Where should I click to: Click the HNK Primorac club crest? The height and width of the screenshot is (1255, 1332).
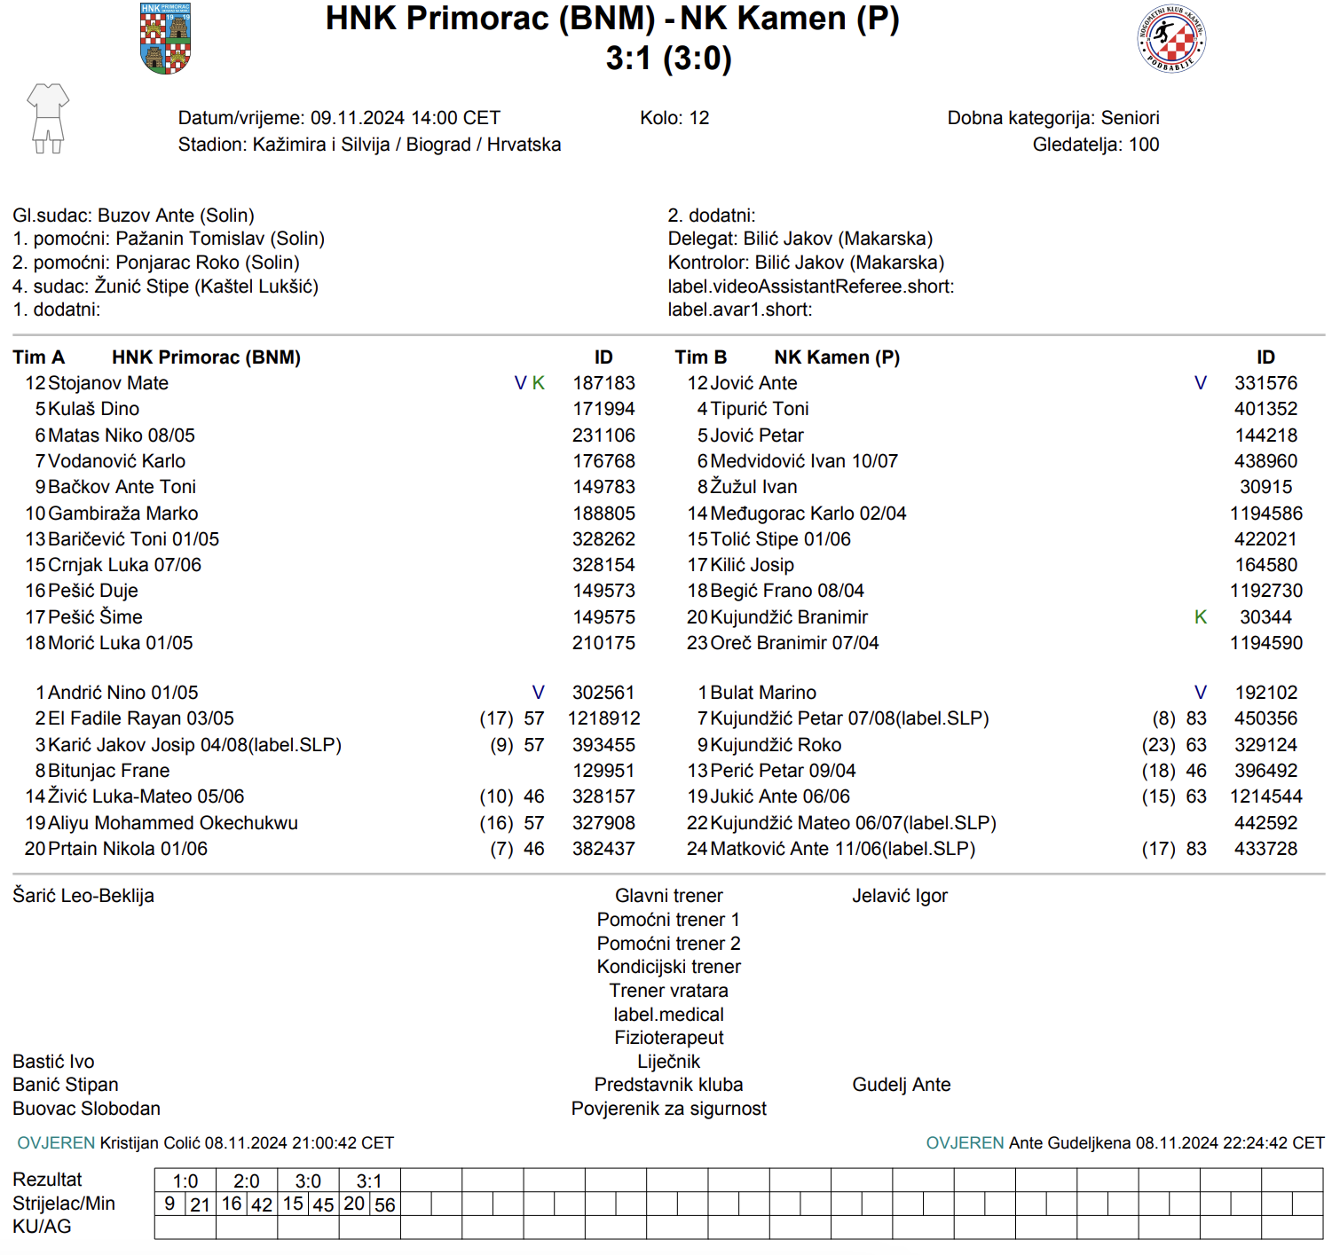pyautogui.click(x=166, y=38)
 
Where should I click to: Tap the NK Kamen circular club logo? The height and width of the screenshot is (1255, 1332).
pyautogui.click(x=1171, y=38)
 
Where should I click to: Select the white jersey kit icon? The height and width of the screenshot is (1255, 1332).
pyautogui.click(x=48, y=118)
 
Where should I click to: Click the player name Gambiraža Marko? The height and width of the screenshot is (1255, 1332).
pyautogui.click(x=123, y=514)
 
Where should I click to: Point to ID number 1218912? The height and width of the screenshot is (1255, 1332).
pyautogui.click(x=604, y=718)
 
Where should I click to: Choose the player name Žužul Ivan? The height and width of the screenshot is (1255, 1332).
pyautogui.click(x=753, y=487)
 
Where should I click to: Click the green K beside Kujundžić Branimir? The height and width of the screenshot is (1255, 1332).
pyautogui.click(x=1201, y=617)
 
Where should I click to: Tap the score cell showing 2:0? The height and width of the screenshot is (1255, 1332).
pyautogui.click(x=247, y=1181)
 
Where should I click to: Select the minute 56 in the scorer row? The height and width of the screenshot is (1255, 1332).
pyautogui.click(x=385, y=1205)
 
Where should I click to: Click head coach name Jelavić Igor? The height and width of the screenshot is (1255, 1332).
pyautogui.click(x=900, y=896)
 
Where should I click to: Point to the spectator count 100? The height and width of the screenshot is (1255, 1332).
pyautogui.click(x=1144, y=145)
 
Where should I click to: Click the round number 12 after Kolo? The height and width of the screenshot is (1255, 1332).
pyautogui.click(x=699, y=118)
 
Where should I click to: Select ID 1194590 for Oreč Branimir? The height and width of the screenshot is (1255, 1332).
pyautogui.click(x=1266, y=643)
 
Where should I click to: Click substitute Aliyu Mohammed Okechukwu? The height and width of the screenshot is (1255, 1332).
pyautogui.click(x=173, y=823)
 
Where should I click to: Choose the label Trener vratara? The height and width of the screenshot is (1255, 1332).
pyautogui.click(x=668, y=991)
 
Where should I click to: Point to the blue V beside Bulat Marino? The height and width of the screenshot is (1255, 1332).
pyautogui.click(x=1201, y=693)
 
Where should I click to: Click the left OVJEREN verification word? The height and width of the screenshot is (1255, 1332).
pyautogui.click(x=56, y=1143)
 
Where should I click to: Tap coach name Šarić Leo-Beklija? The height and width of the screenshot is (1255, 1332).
pyautogui.click(x=83, y=896)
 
